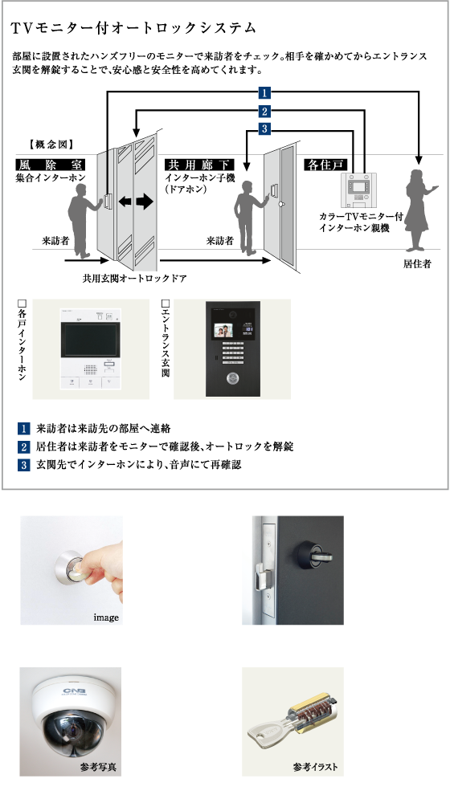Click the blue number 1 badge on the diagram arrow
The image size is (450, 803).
[264, 93]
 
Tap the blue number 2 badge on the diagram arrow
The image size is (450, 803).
[264, 111]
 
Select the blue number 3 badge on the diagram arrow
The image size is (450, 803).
[264, 128]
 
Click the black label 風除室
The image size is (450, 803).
[51, 165]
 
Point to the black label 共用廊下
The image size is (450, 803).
[199, 165]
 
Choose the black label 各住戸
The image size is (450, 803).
[325, 165]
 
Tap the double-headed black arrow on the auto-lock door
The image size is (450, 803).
[136, 202]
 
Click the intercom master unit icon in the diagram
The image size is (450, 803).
[358, 190]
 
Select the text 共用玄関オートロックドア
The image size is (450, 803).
[134, 279]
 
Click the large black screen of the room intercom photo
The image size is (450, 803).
[90, 340]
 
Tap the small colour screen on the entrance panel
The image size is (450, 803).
[223, 332]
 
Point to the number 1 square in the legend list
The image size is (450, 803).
[24, 428]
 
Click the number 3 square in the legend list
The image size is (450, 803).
[24, 464]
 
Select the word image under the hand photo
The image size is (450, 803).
[106, 618]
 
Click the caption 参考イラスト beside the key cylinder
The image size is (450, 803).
[315, 767]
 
